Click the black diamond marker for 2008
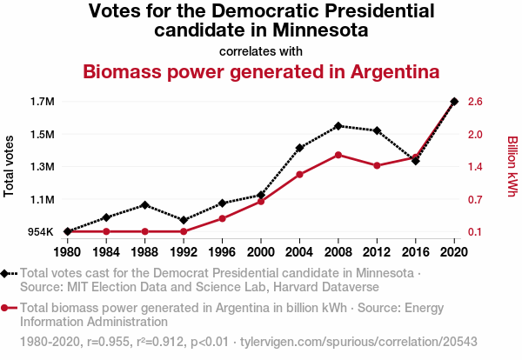tap(338, 126)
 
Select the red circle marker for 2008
tap(338, 155)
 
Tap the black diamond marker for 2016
tap(416, 161)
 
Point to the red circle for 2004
tap(299, 175)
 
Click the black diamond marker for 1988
tap(145, 204)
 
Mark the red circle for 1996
tap(222, 218)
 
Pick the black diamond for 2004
tap(299, 148)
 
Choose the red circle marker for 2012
tap(377, 165)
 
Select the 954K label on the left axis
tap(40, 232)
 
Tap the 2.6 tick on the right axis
tap(474, 102)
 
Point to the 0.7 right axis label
tap(474, 200)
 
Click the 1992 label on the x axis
tap(184, 252)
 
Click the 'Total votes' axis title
tap(10, 166)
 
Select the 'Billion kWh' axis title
tap(512, 166)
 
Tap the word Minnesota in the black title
tap(318, 30)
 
